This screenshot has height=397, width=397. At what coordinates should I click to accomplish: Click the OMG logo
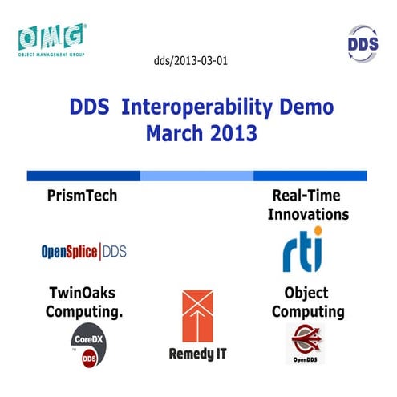pyautogui.click(x=51, y=36)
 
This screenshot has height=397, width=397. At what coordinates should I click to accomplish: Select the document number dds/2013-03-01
pyautogui.click(x=190, y=61)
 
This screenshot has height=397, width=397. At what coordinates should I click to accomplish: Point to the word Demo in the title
pyautogui.click(x=298, y=107)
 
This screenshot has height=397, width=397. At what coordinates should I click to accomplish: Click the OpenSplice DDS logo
pyautogui.click(x=83, y=252)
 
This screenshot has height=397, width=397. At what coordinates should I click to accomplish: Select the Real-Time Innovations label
pyautogui.click(x=309, y=205)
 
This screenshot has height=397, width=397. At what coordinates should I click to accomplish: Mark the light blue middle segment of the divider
pyautogui.click(x=196, y=176)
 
